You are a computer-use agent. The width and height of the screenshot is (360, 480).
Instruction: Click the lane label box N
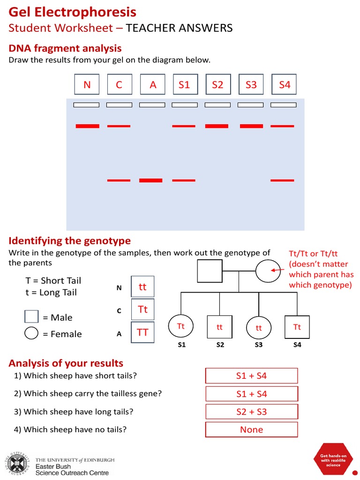pos(87,85)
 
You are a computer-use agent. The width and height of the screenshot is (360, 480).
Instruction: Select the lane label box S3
pos(251,85)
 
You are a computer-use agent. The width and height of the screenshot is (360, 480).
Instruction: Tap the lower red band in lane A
pos(151,180)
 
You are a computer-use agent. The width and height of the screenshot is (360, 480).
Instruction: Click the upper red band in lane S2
pos(217,126)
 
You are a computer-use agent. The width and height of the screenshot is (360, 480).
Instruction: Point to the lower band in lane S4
pos(283,180)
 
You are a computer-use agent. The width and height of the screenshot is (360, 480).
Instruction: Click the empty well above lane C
pos(119,105)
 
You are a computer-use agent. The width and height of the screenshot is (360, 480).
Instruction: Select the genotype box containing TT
pos(142,332)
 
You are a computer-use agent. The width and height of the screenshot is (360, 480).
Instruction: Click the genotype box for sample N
pos(142,286)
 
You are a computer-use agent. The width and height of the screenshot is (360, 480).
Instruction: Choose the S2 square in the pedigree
pos(219,327)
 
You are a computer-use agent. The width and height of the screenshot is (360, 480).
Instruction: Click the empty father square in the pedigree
pos(209,270)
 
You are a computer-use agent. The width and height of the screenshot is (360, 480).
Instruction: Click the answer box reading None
pos(251,429)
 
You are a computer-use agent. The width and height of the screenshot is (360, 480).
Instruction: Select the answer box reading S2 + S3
pos(251,412)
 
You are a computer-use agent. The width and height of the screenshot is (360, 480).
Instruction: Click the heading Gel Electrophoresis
pos(73,12)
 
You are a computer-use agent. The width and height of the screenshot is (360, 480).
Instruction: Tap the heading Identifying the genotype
pos(70,241)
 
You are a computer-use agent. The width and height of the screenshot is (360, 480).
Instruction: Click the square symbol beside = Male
pos(31,317)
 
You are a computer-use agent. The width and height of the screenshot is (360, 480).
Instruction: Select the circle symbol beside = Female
pos(31,333)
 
